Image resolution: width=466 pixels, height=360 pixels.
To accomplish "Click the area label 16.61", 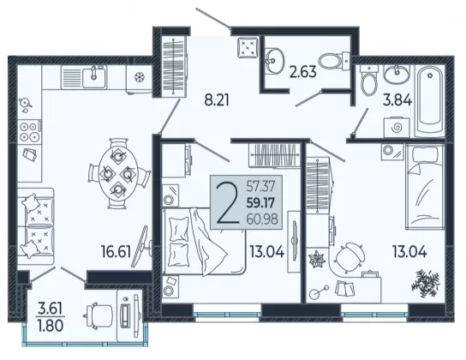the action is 116,251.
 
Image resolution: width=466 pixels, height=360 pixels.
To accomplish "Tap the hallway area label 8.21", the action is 217,100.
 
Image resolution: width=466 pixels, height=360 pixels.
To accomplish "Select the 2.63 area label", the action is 303,72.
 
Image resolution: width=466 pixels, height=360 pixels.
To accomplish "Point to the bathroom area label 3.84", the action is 397,100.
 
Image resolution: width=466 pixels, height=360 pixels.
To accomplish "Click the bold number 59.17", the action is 261,203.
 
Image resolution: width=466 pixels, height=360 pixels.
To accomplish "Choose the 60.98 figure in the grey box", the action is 262,219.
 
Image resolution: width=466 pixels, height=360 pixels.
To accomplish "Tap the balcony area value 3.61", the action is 50,309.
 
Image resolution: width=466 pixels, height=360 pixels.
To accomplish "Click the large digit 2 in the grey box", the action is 228,203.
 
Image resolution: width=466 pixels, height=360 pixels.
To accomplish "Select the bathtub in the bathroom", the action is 430,101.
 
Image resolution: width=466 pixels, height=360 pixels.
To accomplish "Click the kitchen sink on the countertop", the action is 94,77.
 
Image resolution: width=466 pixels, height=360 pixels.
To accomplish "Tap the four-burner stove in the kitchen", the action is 29,132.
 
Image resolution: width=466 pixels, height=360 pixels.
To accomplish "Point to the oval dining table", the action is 119,173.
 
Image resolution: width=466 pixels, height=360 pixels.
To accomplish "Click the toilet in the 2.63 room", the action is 335,61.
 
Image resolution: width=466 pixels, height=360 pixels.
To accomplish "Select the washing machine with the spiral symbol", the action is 397,128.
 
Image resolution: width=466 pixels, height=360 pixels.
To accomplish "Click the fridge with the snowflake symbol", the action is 139,78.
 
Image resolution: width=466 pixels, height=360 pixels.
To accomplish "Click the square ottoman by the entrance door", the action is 248,47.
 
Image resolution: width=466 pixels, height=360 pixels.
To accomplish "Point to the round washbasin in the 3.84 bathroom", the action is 396,75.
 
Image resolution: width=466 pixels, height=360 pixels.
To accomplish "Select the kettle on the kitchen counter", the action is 25,103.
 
